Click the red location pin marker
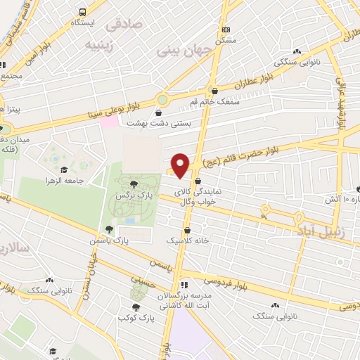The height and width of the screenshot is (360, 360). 181,165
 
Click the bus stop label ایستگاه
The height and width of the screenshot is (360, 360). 83,22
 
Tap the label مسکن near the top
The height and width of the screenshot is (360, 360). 225,40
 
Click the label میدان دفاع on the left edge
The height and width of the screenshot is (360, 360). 14,141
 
